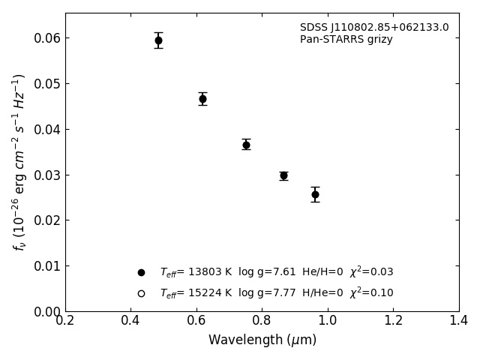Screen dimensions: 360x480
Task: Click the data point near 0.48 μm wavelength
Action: point(158,40)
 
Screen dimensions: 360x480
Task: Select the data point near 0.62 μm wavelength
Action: point(202,99)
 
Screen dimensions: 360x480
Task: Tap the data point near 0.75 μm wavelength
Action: point(246,145)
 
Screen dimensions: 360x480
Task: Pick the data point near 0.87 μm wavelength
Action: point(283,175)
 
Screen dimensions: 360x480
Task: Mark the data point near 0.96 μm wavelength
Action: point(315,194)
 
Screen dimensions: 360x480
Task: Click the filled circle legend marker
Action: point(141,273)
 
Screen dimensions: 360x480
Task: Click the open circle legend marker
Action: point(141,293)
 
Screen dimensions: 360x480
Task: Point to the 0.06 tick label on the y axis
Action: point(47,38)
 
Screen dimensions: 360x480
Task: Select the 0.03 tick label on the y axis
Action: point(47,175)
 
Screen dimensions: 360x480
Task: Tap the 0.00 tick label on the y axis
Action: point(47,311)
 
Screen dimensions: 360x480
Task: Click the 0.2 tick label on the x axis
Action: point(65,321)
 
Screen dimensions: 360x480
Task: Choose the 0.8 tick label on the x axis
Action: point(262,321)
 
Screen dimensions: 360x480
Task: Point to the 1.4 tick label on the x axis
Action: point(459,321)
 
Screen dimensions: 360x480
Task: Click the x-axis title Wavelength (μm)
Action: point(262,340)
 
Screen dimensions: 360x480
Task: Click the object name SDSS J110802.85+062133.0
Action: point(374,28)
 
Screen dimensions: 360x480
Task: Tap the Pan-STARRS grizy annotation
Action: point(346,40)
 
